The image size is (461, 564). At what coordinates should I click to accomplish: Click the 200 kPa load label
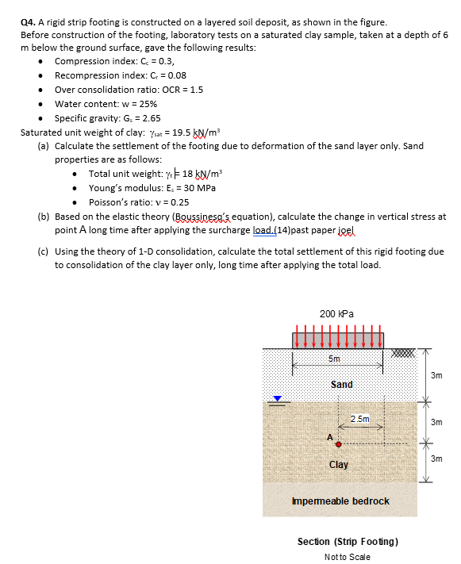coord(338,313)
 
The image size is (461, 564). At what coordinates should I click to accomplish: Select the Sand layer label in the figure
coord(341,384)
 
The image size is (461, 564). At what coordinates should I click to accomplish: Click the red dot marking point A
coord(338,444)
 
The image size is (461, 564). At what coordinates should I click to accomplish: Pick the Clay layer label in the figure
coord(339,464)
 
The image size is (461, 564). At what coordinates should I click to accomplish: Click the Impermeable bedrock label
coord(340,501)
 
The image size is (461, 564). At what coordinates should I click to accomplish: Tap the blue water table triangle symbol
coord(277,399)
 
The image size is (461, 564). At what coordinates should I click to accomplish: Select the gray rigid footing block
coord(338,340)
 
